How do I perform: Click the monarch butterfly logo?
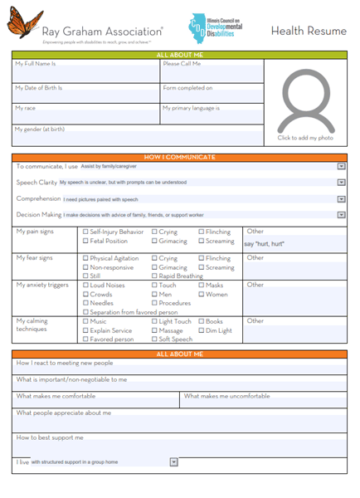(x=24, y=23)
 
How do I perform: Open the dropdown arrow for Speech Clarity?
(x=341, y=183)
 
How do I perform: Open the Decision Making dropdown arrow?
(x=341, y=215)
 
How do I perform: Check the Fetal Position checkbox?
(x=86, y=242)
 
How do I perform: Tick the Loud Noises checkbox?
(x=86, y=286)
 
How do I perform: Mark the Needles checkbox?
(x=86, y=304)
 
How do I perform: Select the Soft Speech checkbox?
(x=155, y=339)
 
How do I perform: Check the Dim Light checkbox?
(x=202, y=330)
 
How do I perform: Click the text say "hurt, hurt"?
(x=265, y=244)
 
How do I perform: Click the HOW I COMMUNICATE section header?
(x=179, y=157)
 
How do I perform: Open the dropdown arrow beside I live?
(x=173, y=462)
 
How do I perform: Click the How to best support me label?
(x=50, y=437)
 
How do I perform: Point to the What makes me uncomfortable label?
(x=226, y=396)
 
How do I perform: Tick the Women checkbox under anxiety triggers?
(x=202, y=295)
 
